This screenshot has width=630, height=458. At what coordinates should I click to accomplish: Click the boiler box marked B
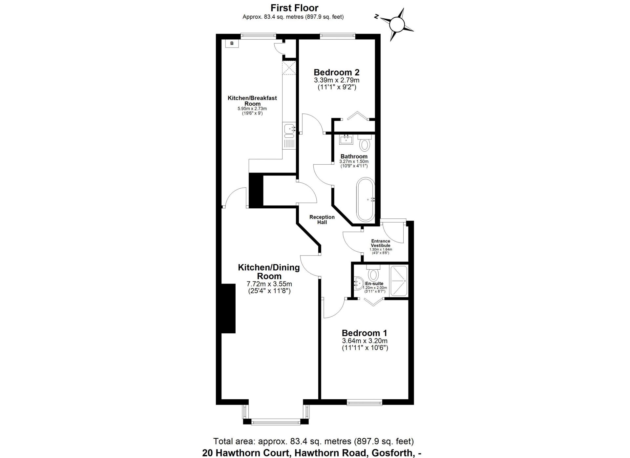[232, 43]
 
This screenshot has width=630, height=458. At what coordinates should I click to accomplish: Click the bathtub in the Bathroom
[366, 199]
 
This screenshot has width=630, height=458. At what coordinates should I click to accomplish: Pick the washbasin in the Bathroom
[346, 139]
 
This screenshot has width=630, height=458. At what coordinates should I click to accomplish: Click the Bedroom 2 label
[337, 72]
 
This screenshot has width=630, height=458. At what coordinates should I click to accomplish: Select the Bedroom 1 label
[365, 333]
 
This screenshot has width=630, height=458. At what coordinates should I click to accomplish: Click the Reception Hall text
[322, 219]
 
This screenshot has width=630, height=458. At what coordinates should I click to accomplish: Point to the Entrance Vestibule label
[381, 243]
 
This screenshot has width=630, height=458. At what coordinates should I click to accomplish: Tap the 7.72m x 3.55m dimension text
[269, 284]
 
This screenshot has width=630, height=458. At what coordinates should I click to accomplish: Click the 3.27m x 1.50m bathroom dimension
[354, 161]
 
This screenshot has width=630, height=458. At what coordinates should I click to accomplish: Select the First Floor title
[294, 8]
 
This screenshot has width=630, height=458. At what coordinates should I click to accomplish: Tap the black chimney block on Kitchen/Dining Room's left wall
[228, 308]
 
